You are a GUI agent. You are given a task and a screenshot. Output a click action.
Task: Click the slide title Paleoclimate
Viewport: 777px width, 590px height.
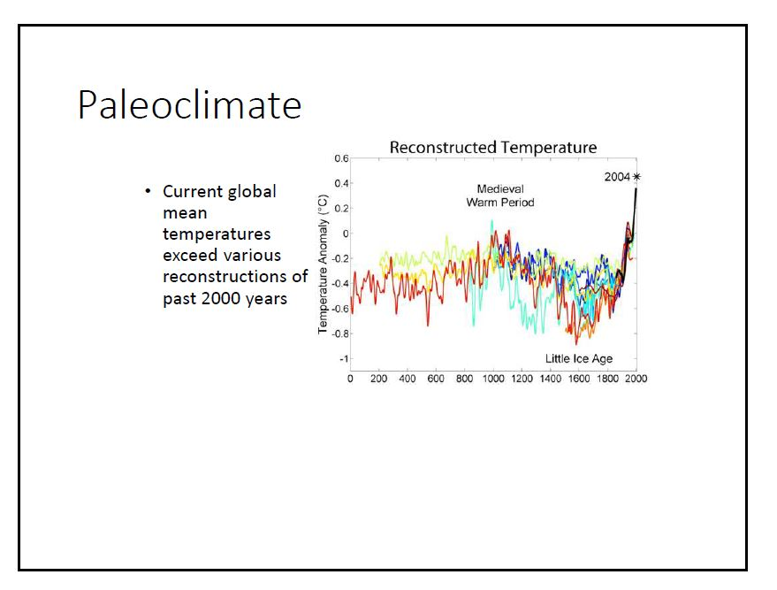189,106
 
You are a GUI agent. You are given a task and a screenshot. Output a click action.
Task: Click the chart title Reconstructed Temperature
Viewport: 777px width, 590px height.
492,148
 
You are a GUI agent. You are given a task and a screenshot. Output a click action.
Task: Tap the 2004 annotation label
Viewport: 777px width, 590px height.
617,177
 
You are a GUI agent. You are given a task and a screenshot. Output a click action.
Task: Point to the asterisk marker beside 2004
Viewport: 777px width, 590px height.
636,177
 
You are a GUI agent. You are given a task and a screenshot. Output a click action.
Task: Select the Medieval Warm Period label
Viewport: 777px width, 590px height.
499,195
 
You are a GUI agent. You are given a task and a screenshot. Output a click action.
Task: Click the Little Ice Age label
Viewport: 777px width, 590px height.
579,358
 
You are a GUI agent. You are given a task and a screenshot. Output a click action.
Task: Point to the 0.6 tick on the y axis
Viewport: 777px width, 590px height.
341,158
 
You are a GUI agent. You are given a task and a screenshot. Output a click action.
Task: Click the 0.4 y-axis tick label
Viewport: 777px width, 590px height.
341,183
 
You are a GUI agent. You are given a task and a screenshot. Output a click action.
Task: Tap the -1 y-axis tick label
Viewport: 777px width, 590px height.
342,359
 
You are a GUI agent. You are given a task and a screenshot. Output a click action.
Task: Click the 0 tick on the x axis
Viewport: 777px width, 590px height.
351,379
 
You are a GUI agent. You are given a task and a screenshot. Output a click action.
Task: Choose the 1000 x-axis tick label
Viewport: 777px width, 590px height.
493,379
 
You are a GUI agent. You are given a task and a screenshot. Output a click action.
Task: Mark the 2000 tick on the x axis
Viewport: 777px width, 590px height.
636,379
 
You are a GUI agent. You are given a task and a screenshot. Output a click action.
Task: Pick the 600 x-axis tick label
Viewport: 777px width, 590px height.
436,379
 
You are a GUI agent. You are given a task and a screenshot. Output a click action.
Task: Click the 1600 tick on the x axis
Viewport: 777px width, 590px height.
579,379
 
